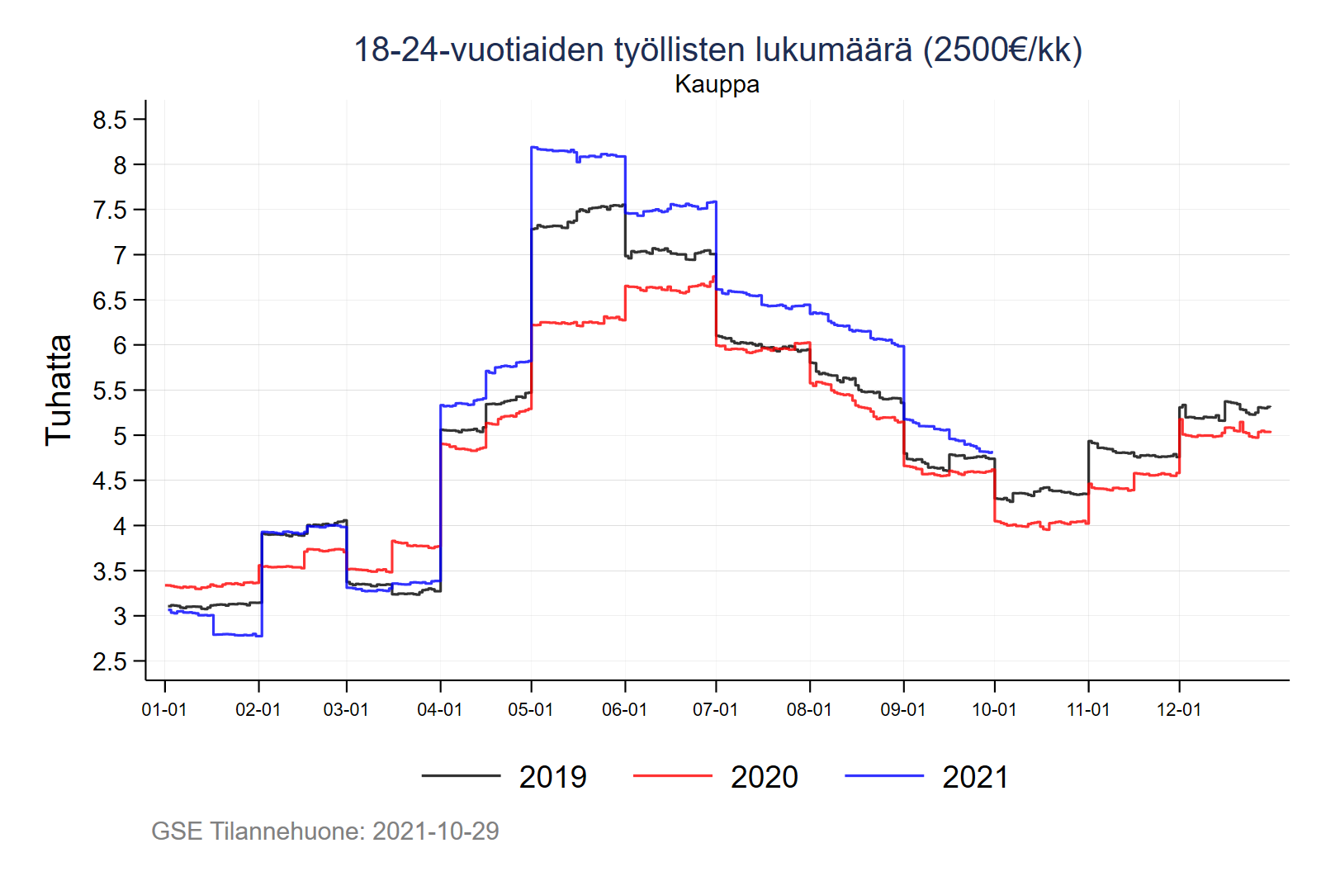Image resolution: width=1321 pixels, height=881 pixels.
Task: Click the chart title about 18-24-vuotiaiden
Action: click(x=717, y=50)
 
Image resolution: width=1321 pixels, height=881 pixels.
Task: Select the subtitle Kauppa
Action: click(x=717, y=84)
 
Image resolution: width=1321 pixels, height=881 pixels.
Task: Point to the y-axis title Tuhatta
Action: click(x=59, y=390)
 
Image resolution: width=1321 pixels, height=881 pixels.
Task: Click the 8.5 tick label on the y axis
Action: click(x=110, y=121)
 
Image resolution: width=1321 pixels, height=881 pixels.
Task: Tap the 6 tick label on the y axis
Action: click(x=120, y=345)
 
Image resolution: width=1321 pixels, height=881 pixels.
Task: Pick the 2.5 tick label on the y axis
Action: click(x=110, y=661)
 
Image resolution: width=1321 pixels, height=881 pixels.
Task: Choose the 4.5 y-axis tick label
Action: click(x=110, y=481)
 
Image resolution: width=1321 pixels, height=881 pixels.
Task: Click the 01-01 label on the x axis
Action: click(x=164, y=709)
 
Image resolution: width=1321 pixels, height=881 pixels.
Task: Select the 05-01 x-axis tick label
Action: click(x=530, y=709)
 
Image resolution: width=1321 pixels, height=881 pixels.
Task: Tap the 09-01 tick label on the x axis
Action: click(x=903, y=709)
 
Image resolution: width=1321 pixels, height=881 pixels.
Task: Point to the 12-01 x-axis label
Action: click(x=1178, y=709)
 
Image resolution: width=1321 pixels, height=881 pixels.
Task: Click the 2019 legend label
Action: click(x=552, y=777)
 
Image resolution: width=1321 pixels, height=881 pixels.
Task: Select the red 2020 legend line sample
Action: click(x=672, y=776)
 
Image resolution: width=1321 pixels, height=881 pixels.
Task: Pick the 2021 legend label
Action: click(x=975, y=777)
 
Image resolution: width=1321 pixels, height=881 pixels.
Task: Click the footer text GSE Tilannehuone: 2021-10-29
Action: click(x=325, y=831)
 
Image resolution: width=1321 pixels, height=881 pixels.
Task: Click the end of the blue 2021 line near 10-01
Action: click(x=992, y=452)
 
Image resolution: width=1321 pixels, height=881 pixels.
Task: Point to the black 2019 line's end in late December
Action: click(x=1270, y=406)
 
